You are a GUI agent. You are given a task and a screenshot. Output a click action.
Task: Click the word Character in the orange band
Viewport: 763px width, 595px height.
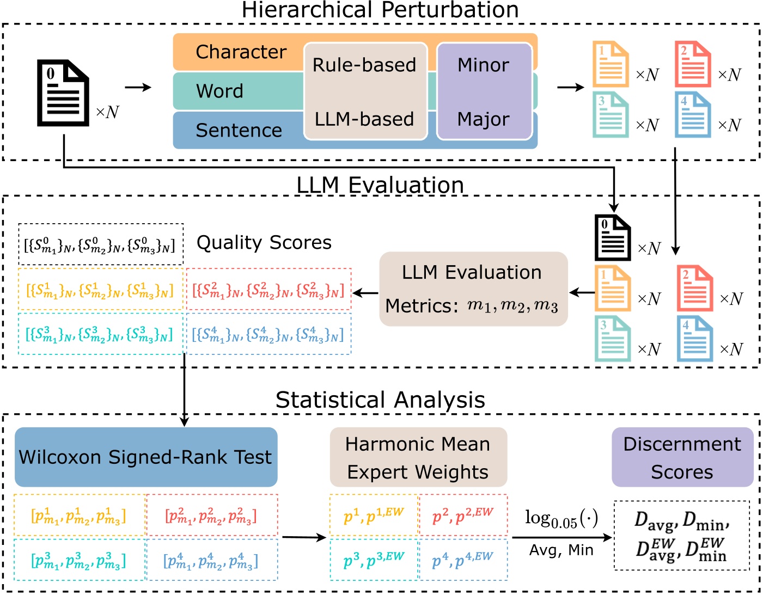coord(241,52)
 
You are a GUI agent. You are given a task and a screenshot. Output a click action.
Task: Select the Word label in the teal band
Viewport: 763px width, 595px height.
coord(219,91)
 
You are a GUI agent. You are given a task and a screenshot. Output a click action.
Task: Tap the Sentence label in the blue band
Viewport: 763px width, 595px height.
coord(239,130)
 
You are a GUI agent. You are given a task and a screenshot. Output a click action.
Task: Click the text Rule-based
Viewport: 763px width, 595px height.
coord(364,65)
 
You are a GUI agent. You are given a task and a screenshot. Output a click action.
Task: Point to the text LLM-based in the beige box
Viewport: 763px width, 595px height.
coord(364,119)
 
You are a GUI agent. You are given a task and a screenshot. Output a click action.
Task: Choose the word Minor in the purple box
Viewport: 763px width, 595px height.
coord(483,65)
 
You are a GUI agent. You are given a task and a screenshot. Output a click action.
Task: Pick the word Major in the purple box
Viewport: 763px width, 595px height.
coord(483,119)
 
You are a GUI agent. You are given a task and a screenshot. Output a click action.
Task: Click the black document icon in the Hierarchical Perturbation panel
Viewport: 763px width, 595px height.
coord(63,93)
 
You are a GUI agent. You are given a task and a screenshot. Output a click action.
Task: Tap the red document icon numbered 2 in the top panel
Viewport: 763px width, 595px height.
coord(693,64)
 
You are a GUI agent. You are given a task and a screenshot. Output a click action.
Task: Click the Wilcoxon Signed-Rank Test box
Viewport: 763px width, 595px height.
coord(145,457)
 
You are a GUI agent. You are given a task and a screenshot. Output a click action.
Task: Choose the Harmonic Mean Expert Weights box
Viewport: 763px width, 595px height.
coord(418,457)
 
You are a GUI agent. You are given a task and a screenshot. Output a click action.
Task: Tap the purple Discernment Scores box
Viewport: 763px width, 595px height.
coord(682,457)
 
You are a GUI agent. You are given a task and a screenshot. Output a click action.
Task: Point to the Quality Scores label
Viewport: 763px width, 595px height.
coord(264,242)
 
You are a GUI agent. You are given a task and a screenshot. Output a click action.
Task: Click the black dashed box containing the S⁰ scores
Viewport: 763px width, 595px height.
coord(100,244)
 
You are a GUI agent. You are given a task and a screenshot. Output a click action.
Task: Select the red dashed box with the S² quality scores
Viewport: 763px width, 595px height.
coord(268,290)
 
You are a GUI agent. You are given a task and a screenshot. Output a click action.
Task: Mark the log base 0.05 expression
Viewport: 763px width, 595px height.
coord(561,518)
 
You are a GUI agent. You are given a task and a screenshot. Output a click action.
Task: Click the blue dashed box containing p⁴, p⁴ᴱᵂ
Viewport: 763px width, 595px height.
coord(462,560)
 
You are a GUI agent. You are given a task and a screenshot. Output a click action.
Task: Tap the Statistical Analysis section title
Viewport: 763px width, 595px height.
coord(380,400)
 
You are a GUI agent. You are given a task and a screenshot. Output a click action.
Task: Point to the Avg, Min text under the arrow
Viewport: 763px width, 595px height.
coord(561,550)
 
